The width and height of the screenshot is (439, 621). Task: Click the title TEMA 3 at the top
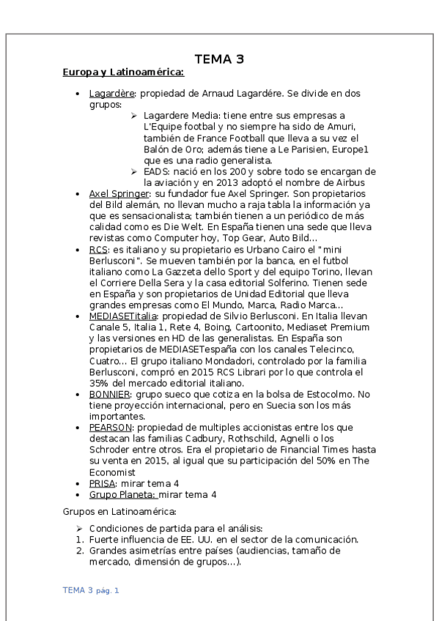(219, 59)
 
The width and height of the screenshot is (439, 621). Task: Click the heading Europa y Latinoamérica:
(123, 72)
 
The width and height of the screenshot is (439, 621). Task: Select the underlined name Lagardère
(111, 94)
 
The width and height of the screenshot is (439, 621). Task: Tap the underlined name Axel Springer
(118, 193)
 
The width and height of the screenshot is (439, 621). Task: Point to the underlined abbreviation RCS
(98, 250)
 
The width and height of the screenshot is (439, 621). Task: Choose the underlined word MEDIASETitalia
(125, 316)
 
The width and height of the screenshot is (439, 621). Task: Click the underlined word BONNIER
(110, 394)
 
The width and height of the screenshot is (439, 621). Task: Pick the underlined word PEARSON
(111, 427)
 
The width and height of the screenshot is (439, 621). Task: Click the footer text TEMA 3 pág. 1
(91, 590)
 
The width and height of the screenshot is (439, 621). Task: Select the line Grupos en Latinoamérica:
(119, 512)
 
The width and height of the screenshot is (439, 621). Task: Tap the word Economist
(114, 472)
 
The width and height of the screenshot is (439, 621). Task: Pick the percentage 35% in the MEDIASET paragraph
(100, 382)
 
